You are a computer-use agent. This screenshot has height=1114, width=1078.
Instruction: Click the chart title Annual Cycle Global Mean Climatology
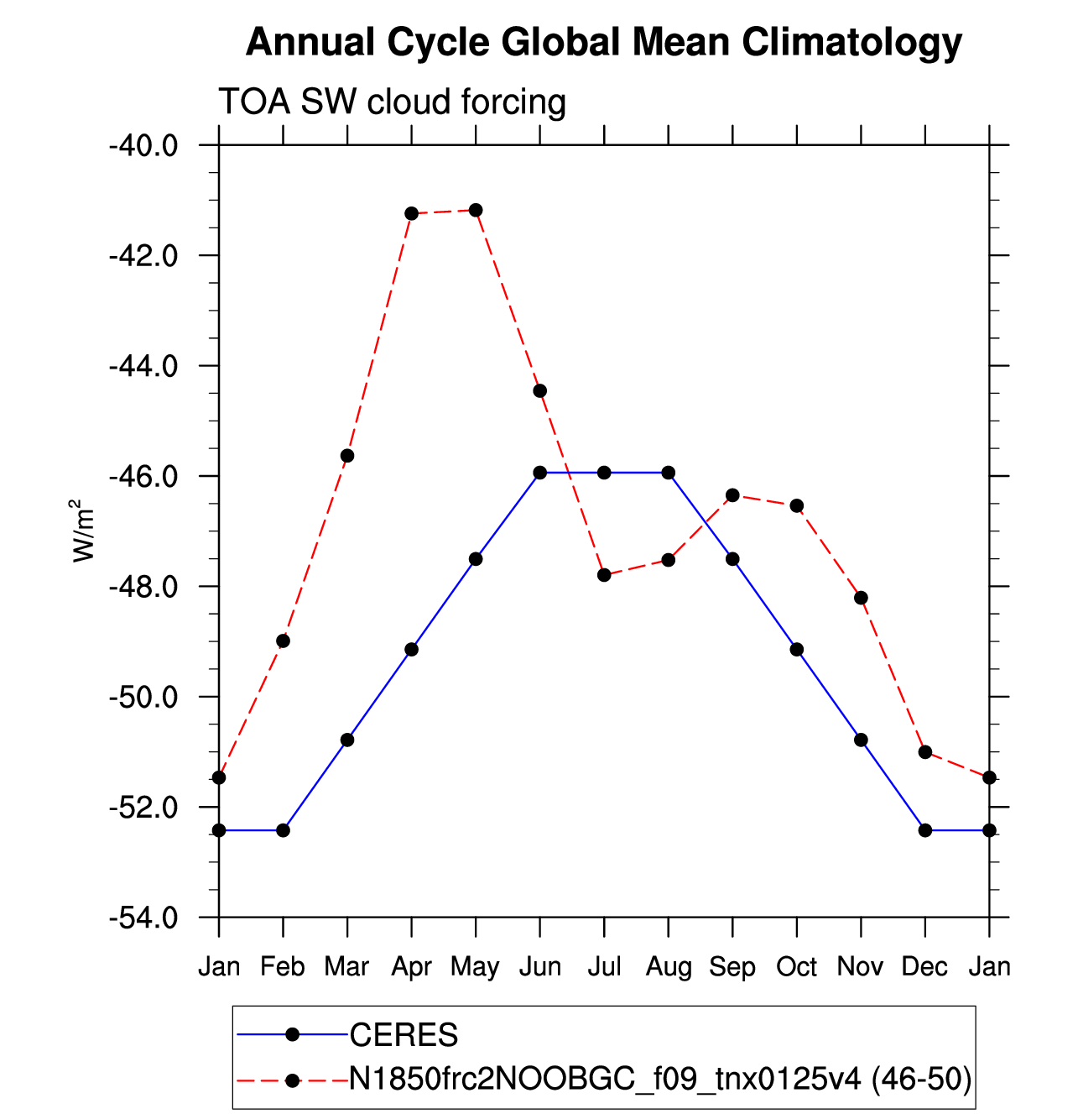click(604, 42)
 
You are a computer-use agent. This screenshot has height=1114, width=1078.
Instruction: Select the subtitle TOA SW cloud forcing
click(392, 102)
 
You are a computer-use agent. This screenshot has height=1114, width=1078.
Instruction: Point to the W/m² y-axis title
click(82, 530)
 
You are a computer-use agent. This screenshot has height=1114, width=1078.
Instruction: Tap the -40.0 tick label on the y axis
click(143, 147)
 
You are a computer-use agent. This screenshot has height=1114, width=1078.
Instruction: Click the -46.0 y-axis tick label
click(143, 477)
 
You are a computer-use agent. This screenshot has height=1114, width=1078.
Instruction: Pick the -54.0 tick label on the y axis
click(143, 918)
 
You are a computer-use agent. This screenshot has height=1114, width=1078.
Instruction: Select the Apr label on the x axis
click(411, 968)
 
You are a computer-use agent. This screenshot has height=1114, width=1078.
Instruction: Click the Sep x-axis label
click(732, 968)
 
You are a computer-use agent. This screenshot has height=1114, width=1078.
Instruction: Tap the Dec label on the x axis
click(924, 967)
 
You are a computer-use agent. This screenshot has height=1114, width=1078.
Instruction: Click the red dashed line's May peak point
click(476, 211)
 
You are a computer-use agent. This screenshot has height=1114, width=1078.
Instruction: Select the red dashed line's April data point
click(411, 213)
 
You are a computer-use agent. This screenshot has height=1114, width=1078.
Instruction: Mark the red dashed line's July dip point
click(604, 575)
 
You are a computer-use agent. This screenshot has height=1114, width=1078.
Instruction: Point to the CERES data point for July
click(604, 473)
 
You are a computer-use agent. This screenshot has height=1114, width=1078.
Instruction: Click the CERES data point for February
click(284, 830)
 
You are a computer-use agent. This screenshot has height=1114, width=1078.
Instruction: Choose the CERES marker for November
click(861, 740)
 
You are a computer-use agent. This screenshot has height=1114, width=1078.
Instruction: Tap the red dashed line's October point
click(797, 505)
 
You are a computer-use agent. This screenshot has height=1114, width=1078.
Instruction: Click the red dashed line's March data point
click(347, 456)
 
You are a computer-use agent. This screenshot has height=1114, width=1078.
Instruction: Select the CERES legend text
click(404, 1034)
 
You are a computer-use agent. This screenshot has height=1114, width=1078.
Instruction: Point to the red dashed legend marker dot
click(293, 1080)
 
